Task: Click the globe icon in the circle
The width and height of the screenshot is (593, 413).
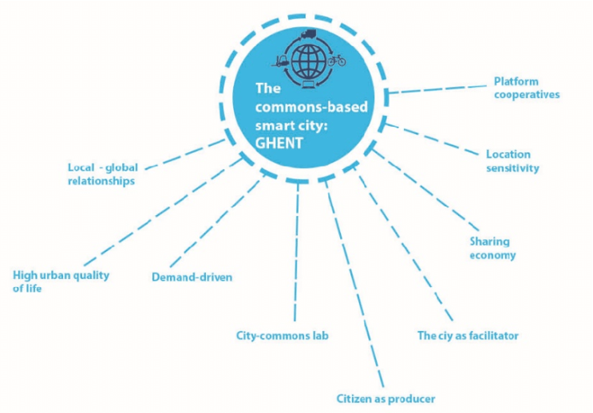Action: pos(308,61)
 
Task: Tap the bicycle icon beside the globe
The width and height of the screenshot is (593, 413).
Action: pos(337,60)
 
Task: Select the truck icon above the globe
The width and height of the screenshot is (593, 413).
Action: pos(308,33)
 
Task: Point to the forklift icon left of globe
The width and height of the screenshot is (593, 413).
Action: pos(281,61)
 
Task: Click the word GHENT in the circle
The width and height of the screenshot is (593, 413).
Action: pos(279,144)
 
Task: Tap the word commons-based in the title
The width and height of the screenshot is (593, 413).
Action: pos(311,108)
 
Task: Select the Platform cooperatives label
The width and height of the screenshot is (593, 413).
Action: pos(527,88)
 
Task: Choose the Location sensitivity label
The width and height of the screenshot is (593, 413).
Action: pos(512,161)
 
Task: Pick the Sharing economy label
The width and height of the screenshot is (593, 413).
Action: pos(492,248)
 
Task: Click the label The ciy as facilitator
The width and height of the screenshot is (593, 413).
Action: pos(468,336)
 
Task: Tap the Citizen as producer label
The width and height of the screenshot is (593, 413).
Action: pos(385,399)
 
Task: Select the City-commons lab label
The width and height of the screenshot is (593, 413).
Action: pos(282,336)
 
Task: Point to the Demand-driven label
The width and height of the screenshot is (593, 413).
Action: pos(192,277)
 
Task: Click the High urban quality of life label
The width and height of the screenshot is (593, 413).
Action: pos(61,281)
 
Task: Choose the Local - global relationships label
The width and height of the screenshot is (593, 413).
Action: pos(102,174)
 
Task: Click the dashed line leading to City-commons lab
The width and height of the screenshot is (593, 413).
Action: pos(297,251)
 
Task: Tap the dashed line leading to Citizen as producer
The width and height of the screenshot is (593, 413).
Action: pos(354,283)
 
